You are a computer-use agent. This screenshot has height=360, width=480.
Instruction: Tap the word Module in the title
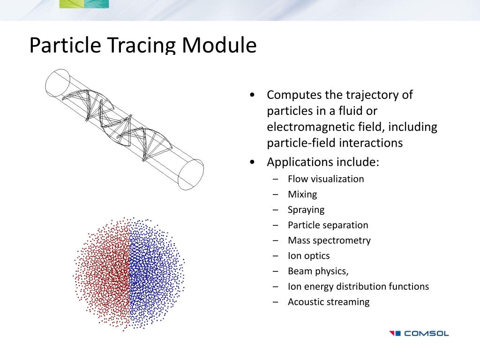[219, 45]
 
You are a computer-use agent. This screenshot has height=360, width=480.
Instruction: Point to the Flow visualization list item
[326, 179]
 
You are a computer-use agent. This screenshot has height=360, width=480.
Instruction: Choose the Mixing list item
[302, 194]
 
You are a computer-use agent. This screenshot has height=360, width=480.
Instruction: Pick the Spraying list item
[306, 210]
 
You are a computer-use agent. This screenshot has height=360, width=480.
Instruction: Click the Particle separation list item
[328, 225]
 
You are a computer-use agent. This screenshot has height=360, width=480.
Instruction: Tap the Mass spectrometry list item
[329, 240]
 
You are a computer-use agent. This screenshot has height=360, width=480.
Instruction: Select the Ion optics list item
[308, 256]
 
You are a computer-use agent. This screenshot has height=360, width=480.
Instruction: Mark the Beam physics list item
[318, 271]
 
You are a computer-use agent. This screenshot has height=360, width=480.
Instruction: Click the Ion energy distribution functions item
[358, 286]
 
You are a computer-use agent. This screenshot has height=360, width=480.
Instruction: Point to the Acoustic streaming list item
[329, 302]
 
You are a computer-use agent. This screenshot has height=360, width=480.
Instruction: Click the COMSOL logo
[419, 334]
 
